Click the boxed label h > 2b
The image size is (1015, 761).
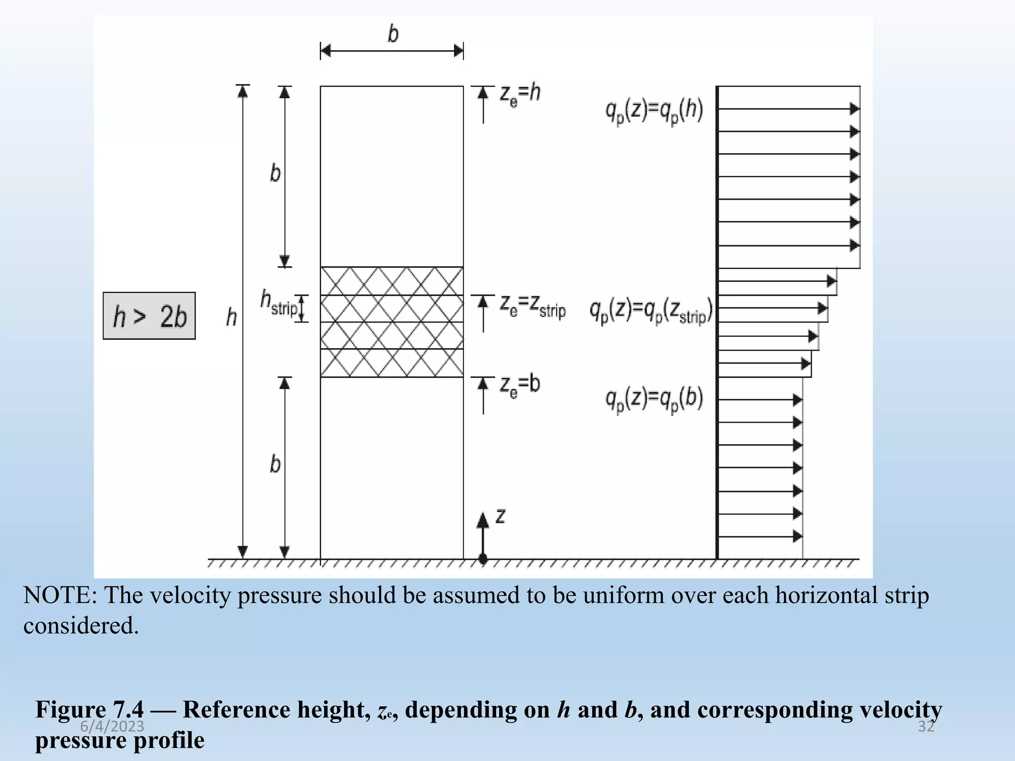149,316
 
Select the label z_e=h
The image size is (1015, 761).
520,94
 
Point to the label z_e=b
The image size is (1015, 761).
520,385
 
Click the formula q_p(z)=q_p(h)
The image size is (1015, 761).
654,111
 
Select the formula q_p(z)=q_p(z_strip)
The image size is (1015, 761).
651,312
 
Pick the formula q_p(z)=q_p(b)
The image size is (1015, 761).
654,400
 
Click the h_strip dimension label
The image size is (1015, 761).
279,303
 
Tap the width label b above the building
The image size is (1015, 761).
393,34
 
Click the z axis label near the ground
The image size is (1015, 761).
501,516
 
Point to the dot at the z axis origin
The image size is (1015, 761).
483,559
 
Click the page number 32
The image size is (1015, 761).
926,726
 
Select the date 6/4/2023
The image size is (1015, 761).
112,726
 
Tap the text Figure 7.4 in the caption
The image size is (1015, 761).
89,709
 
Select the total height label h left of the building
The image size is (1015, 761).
231,317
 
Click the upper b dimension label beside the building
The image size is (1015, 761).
275,173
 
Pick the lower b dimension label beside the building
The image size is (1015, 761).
275,464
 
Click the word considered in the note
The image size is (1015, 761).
81,626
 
